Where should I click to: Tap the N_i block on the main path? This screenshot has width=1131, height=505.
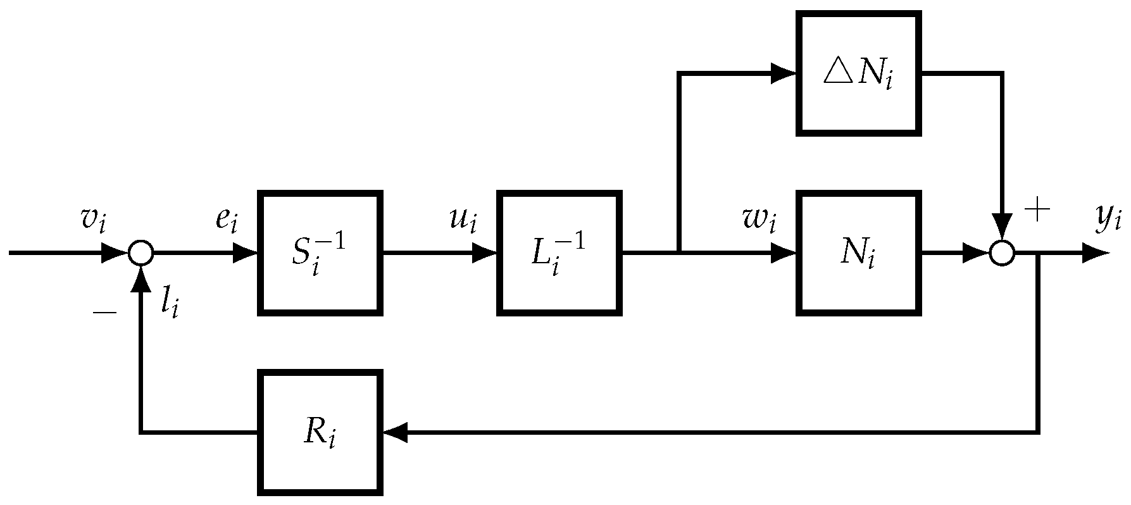[x=858, y=253]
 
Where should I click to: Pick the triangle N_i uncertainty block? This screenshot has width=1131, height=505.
[x=858, y=74]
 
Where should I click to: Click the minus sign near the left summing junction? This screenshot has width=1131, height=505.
[x=104, y=313]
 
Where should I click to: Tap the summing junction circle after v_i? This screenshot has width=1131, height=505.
[x=141, y=253]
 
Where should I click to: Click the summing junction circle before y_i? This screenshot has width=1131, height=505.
[x=1002, y=253]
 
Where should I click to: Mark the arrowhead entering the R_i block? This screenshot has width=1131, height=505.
[x=395, y=432]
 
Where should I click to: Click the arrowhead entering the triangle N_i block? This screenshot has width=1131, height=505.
[x=783, y=74]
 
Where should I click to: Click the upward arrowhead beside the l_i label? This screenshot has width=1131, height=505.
[x=141, y=280]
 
